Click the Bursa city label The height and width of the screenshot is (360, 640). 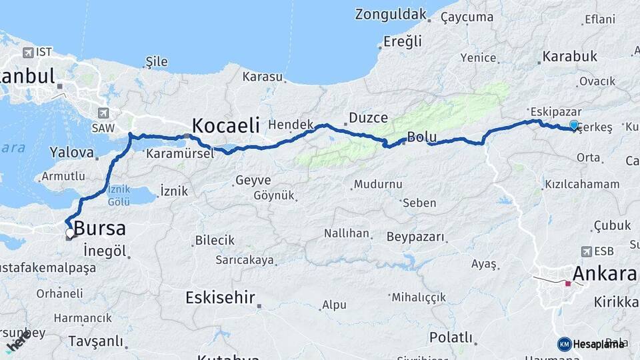(x=99, y=228)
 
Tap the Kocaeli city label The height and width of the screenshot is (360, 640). (x=225, y=125)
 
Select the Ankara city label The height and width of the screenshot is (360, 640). (x=604, y=273)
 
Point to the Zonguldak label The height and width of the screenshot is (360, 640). (x=390, y=14)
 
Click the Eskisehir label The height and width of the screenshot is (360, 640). (x=221, y=297)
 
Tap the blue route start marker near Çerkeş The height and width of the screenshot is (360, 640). (x=575, y=125)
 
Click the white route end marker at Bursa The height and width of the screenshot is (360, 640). (x=69, y=233)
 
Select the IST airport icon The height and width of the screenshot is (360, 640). (x=27, y=52)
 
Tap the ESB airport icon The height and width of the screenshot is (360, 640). (x=587, y=251)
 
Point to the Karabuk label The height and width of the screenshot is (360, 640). (x=569, y=57)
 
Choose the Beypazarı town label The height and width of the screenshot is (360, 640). (x=415, y=237)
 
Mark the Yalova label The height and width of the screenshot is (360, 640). (x=71, y=152)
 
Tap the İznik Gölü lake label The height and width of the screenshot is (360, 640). (x=119, y=196)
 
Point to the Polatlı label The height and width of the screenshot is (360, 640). (x=451, y=337)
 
